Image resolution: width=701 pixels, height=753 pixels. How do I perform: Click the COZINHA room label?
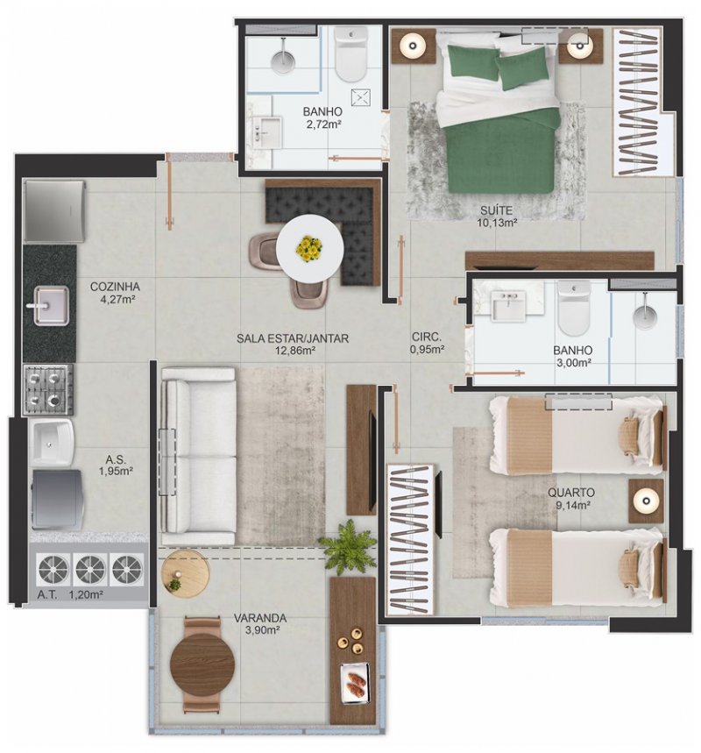(115, 287)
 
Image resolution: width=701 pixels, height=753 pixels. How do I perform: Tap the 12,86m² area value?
(294, 351)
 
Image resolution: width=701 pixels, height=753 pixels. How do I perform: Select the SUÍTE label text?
(496, 210)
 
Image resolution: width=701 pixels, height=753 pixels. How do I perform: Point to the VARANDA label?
(259, 618)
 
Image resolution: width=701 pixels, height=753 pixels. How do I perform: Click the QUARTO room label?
(571, 493)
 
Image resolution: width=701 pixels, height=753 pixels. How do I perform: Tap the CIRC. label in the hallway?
(427, 337)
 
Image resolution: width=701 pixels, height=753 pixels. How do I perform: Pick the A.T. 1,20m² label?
(70, 594)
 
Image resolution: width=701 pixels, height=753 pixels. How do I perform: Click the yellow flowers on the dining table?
(309, 249)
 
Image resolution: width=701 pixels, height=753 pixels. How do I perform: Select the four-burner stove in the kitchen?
(48, 389)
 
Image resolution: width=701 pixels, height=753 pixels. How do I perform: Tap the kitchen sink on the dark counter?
(51, 305)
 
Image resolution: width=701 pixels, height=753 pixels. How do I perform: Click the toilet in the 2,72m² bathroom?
(350, 53)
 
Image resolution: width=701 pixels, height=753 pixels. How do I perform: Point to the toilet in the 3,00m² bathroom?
(574, 308)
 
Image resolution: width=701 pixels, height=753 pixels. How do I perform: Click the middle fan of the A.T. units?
(90, 569)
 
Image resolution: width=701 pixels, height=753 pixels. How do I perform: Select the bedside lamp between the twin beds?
(646, 501)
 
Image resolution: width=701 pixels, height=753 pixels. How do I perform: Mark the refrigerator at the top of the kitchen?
(54, 211)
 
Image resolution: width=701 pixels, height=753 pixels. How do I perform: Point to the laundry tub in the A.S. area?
(53, 443)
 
